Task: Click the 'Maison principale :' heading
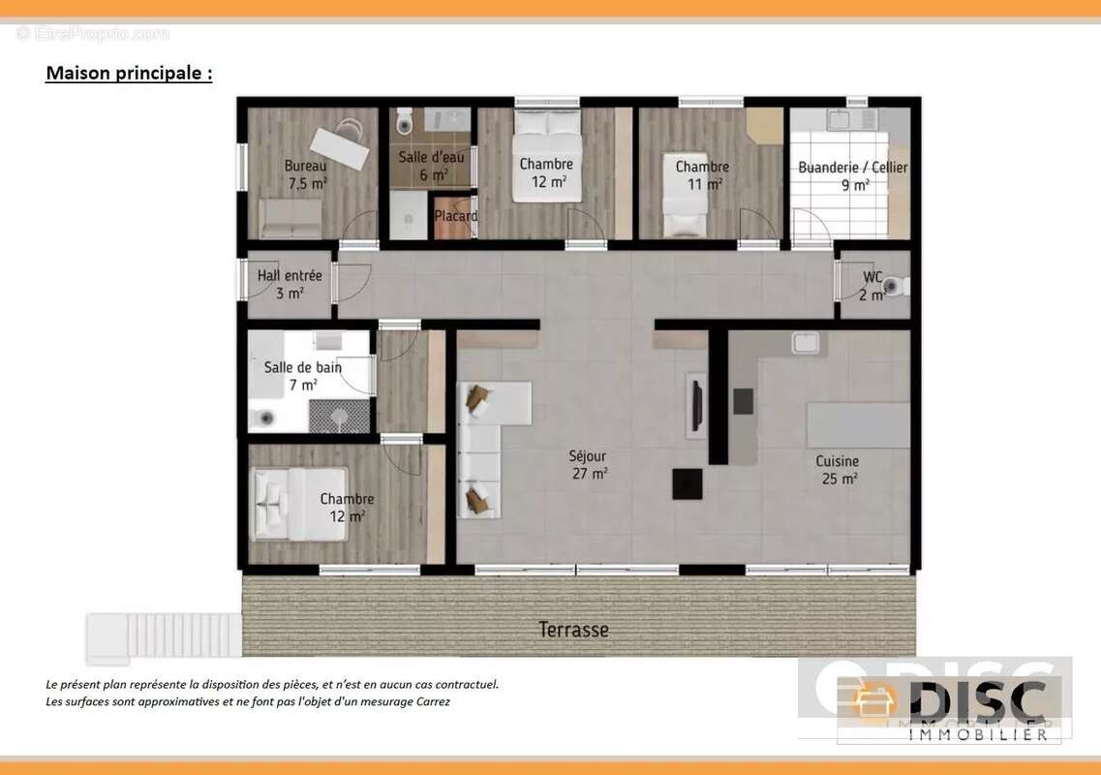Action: (129, 73)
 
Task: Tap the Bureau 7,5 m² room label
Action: (307, 175)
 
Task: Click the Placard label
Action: (456, 216)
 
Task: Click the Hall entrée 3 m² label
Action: (290, 284)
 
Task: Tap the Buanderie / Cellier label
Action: (853, 175)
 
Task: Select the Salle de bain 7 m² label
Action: (303, 376)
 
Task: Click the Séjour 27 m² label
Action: (589, 464)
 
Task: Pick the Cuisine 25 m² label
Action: (838, 469)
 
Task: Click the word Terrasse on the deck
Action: (573, 630)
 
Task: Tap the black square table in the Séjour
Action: (688, 484)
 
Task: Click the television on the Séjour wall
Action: (696, 405)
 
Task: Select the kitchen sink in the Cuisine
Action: (806, 342)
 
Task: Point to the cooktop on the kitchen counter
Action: (744, 401)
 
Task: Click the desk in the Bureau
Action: (340, 148)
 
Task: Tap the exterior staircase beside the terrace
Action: (164, 636)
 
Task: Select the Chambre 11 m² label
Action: (702, 175)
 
